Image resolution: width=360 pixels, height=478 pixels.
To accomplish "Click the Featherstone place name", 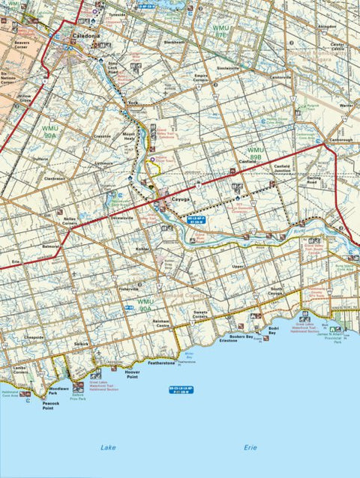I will pyautogui.click(x=161, y=363).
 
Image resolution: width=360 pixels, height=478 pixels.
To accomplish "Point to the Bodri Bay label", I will pyautogui.click(x=273, y=330).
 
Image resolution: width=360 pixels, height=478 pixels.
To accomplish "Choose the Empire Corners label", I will pyautogui.click(x=201, y=78).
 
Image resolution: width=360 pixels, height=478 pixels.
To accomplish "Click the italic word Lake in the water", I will pyautogui.click(x=109, y=447).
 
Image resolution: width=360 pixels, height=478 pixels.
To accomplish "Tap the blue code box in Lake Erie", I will pyautogui.click(x=180, y=390).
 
